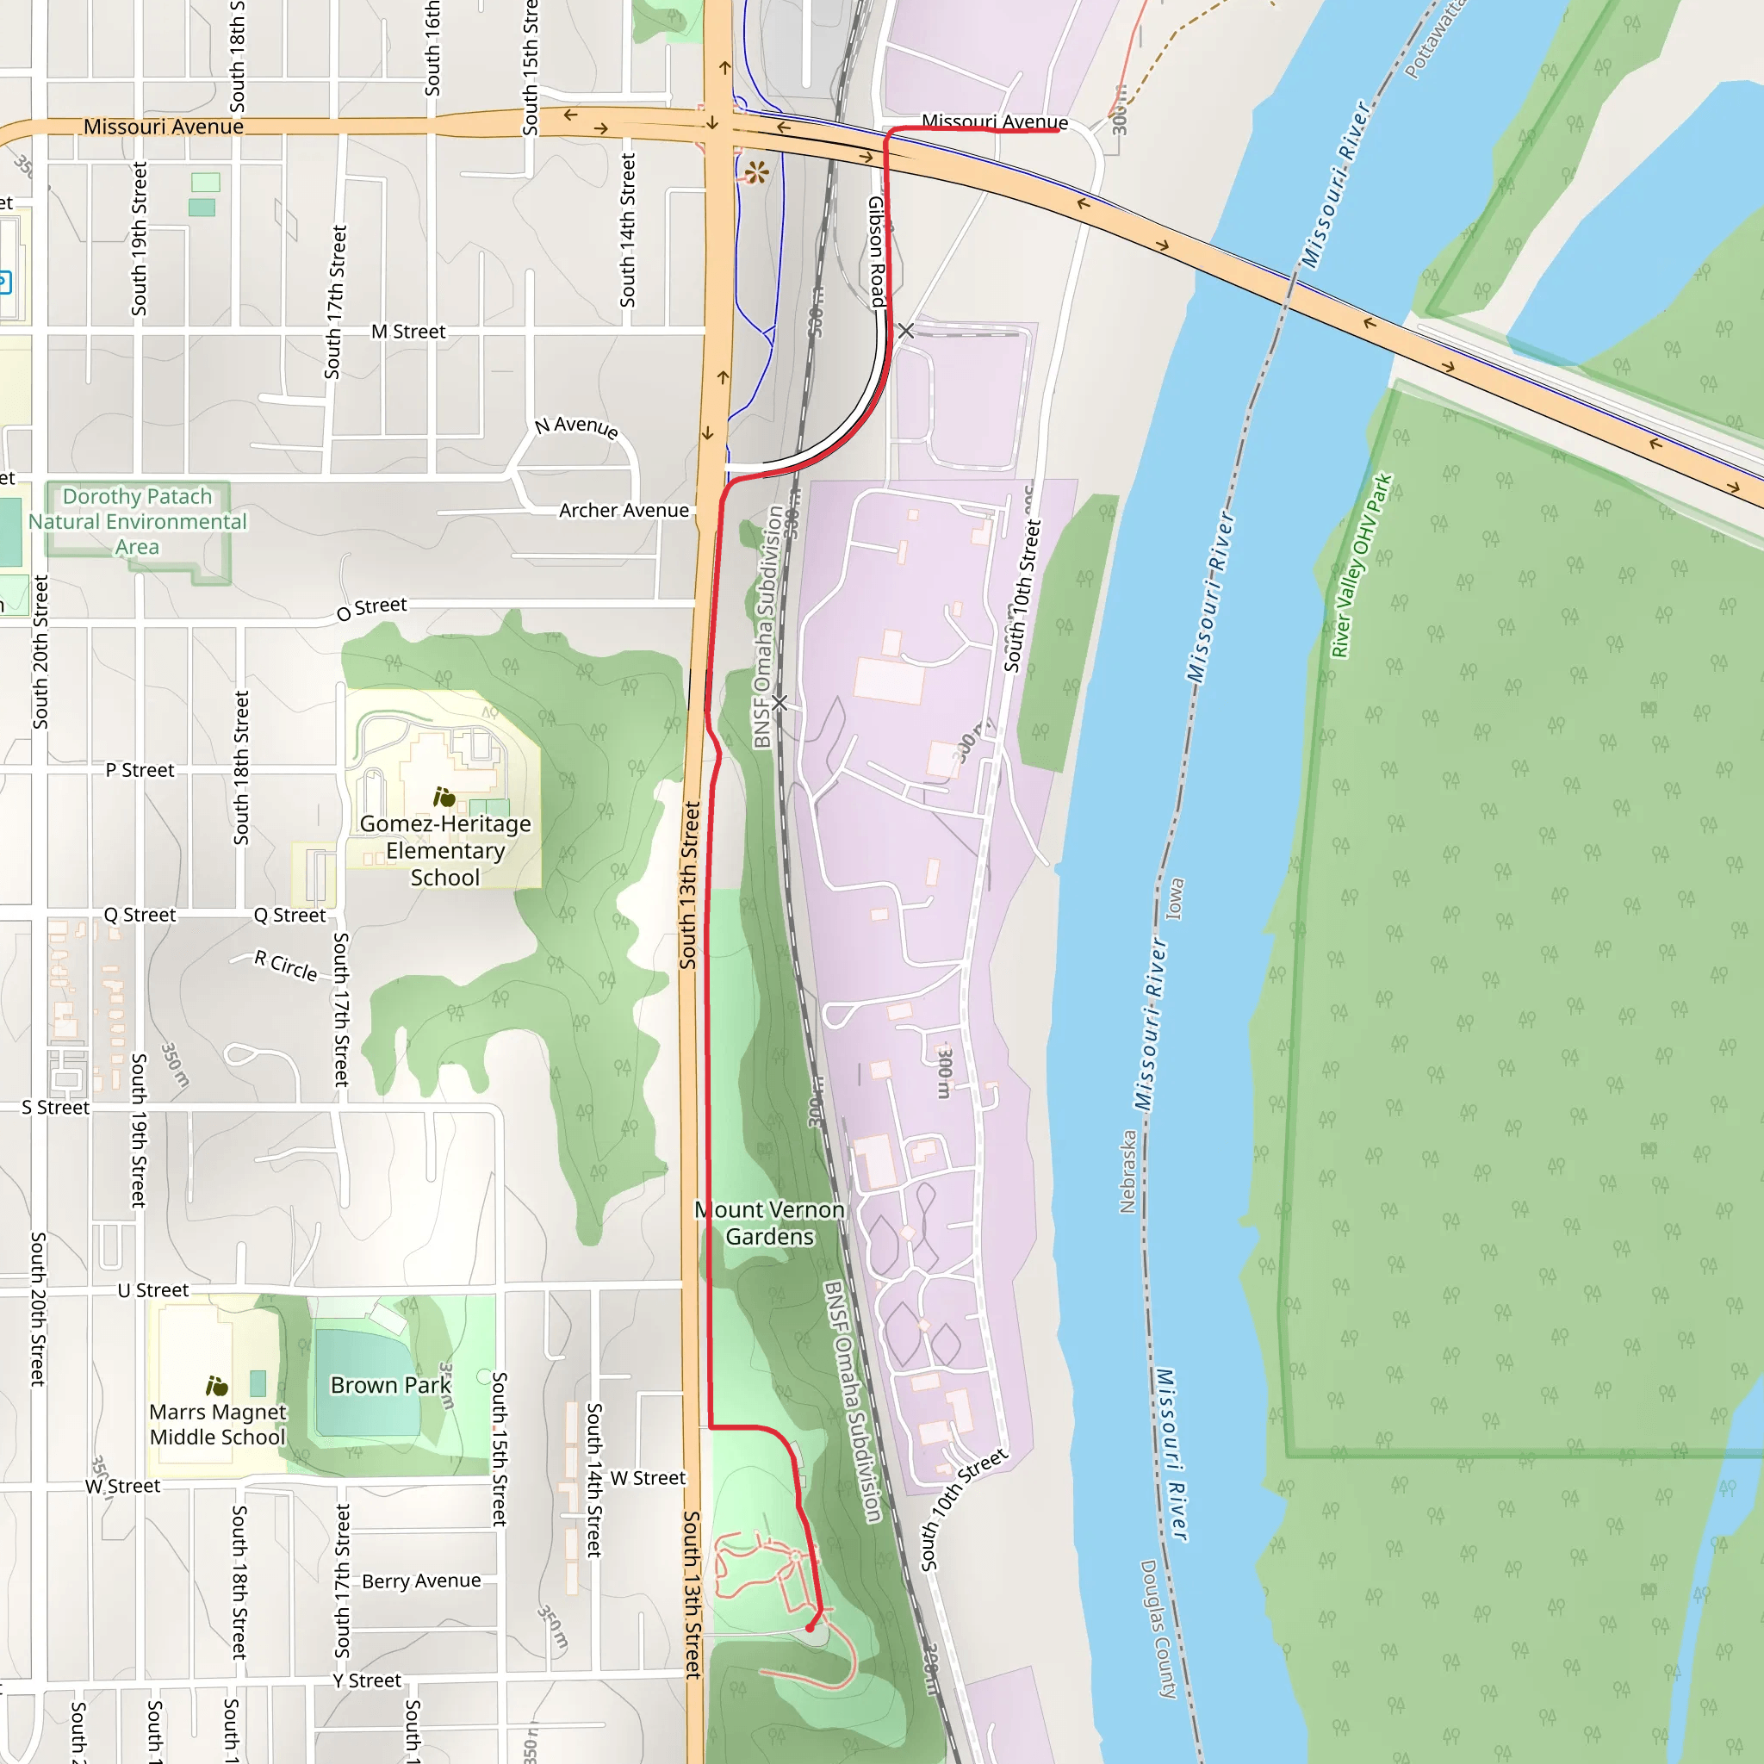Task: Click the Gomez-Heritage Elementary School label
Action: click(x=444, y=850)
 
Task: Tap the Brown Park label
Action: click(x=391, y=1385)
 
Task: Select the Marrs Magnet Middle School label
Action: click(x=217, y=1425)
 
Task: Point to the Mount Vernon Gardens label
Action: click(x=770, y=1222)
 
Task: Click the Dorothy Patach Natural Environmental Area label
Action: click(x=137, y=521)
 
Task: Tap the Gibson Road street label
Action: click(x=877, y=252)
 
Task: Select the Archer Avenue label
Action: click(x=624, y=511)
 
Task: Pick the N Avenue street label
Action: click(x=576, y=426)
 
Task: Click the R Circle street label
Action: click(x=286, y=965)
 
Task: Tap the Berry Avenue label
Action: click(x=421, y=1581)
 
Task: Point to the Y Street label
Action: click(x=366, y=1680)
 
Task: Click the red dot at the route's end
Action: click(x=810, y=1627)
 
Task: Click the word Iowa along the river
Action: click(x=1175, y=898)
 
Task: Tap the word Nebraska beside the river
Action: click(x=1127, y=1171)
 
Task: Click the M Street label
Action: click(x=408, y=332)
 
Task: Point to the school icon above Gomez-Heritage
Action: click(x=444, y=797)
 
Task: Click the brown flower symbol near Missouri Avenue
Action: click(x=756, y=171)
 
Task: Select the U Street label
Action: click(x=152, y=1290)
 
